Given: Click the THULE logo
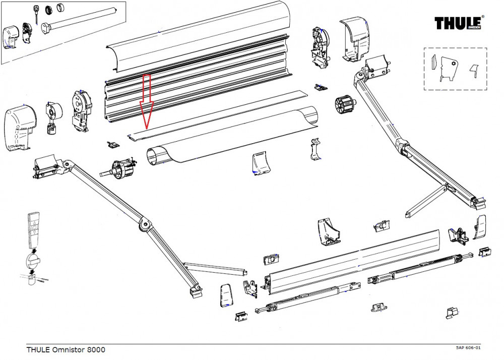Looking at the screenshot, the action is tap(459, 23).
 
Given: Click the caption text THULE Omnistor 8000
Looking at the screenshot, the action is tap(66, 349).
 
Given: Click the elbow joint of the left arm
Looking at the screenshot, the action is tap(145, 224).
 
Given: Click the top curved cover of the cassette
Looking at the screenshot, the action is tap(202, 40).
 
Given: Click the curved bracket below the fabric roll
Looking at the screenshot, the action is tap(261, 165).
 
